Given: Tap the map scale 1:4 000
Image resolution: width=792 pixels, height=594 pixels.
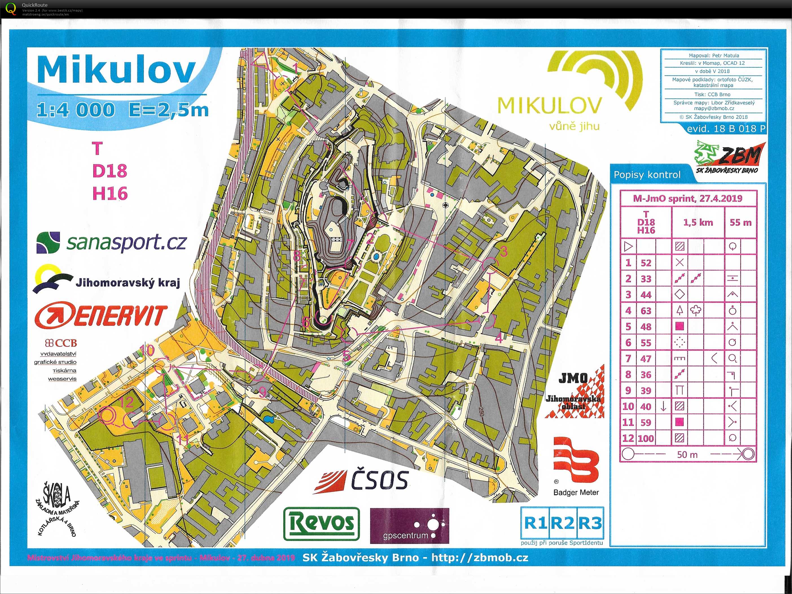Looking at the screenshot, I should [x=76, y=109].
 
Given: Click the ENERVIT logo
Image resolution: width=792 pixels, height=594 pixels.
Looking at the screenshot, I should [x=101, y=315].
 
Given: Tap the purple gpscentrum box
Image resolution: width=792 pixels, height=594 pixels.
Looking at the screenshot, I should [x=409, y=525].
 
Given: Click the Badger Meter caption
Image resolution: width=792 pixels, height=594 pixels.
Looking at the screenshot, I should [x=576, y=493].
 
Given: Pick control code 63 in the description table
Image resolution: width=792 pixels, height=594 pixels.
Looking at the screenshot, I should [x=646, y=311].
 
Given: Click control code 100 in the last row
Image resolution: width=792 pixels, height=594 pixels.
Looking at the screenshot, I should [x=646, y=438].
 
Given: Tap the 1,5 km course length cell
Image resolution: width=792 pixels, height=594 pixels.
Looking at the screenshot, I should [x=698, y=222].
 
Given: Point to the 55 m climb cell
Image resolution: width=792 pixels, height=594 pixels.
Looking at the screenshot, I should [x=740, y=222].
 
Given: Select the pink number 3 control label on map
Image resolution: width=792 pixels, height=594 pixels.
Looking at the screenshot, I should [x=504, y=251].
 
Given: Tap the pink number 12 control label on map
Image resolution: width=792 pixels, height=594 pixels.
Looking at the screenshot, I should [x=126, y=403].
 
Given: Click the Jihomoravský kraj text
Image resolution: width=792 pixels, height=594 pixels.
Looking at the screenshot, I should [x=128, y=283].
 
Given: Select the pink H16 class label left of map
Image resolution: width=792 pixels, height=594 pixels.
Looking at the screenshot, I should [x=110, y=194].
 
